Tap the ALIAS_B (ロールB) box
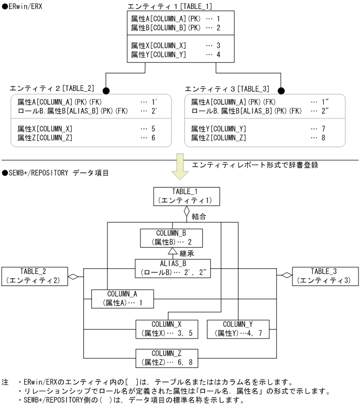point(172,268)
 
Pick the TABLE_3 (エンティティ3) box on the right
point(324,276)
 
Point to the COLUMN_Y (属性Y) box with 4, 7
point(237,329)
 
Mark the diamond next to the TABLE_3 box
point(286,276)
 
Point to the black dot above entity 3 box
point(281,90)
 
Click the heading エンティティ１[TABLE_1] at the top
point(170,6)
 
